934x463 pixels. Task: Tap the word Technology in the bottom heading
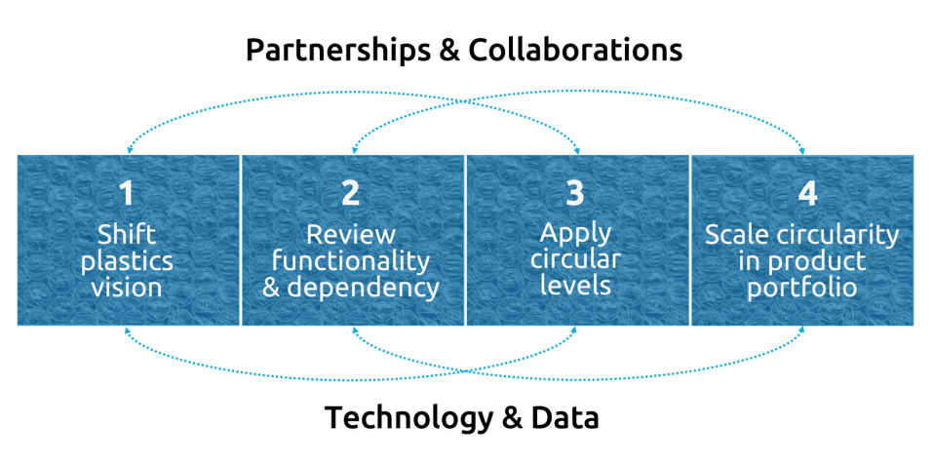pyautogui.click(x=409, y=417)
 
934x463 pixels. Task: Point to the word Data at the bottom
pyautogui.click(x=564, y=417)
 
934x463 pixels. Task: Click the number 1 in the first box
pyautogui.click(x=127, y=194)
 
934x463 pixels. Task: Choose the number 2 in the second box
pyautogui.click(x=351, y=194)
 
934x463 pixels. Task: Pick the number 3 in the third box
pyautogui.click(x=575, y=194)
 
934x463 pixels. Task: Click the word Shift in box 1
pyautogui.click(x=127, y=235)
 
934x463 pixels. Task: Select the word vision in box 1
pyautogui.click(x=127, y=288)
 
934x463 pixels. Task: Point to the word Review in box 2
pyautogui.click(x=351, y=235)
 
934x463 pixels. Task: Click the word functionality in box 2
pyautogui.click(x=351, y=261)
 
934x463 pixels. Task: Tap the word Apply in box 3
pyautogui.click(x=575, y=234)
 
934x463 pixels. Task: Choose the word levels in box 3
pyautogui.click(x=575, y=286)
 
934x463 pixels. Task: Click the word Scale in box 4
pyautogui.click(x=736, y=235)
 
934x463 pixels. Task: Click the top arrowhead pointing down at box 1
pyautogui.click(x=127, y=149)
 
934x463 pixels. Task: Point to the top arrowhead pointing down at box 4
pyautogui.click(x=803, y=149)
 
